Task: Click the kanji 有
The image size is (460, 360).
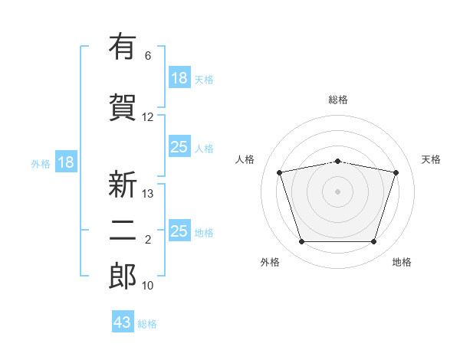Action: pos(123,47)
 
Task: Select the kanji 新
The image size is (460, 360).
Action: pos(123,185)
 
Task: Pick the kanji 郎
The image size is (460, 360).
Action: pos(123,277)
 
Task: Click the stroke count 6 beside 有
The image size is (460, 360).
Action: pos(148,56)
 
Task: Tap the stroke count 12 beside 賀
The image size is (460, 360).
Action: pos(148,117)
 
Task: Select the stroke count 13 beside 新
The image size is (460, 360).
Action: pos(148,194)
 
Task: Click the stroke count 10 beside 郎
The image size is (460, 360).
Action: pos(148,286)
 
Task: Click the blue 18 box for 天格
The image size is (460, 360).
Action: pos(179,78)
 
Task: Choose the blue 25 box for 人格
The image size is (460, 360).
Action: pos(179,147)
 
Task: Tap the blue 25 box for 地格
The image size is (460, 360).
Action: pos(179,231)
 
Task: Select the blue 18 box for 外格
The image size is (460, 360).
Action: pos(65,162)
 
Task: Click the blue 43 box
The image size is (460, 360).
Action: pos(123,322)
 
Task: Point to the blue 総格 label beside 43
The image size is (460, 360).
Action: pos(147,324)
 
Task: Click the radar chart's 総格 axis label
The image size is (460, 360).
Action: pos(338,100)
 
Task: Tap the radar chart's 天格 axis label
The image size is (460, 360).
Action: pos(431,159)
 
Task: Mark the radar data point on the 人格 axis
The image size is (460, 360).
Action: pos(280,172)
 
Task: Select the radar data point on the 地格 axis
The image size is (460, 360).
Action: pos(373,242)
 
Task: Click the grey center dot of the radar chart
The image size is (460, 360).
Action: pos(337,191)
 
